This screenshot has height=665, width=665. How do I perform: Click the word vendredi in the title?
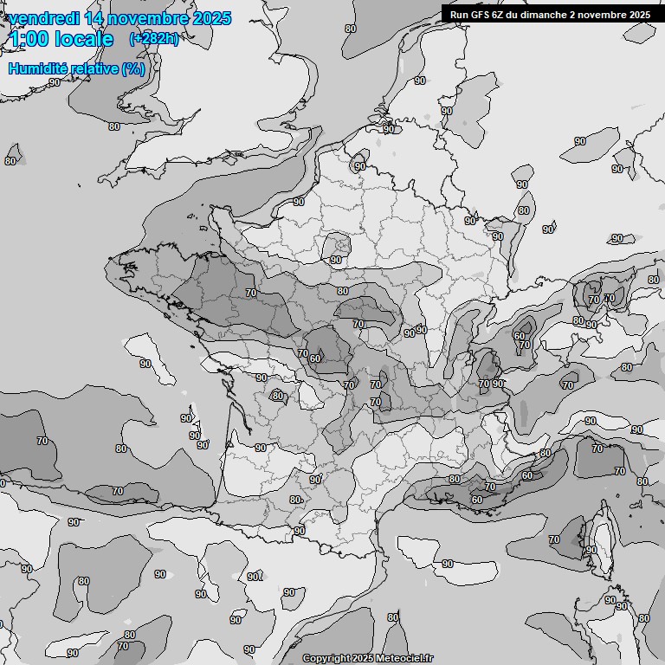point(43,18)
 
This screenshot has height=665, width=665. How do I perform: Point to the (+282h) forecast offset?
point(153,39)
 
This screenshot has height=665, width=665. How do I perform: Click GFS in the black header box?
point(481,15)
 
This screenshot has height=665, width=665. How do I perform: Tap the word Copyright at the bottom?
point(326,658)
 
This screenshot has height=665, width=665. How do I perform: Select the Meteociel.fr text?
point(404,658)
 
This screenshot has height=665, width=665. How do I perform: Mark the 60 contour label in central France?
point(315,358)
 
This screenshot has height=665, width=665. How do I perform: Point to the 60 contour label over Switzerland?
point(519,336)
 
